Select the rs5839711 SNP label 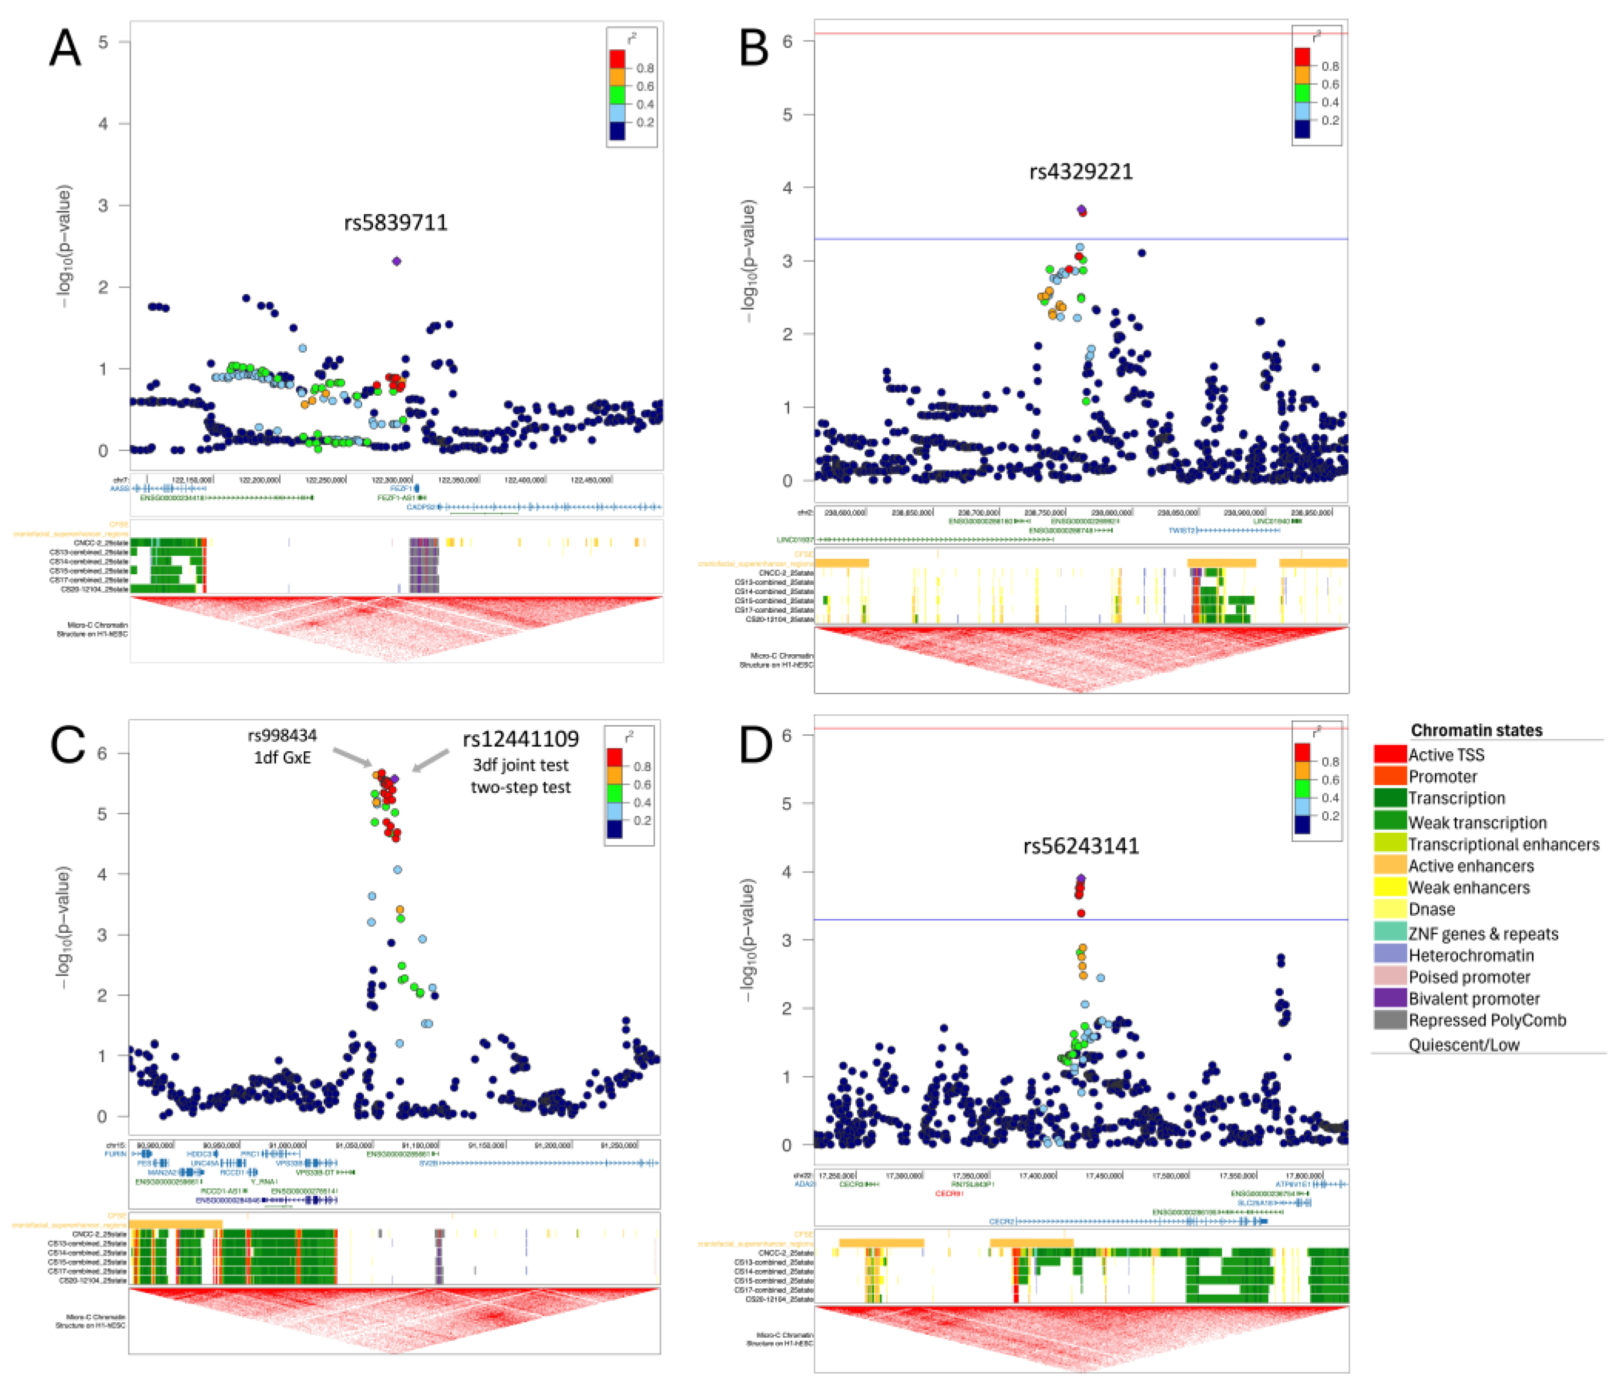(396, 223)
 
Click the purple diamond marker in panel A (396, 260)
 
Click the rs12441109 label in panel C (520, 739)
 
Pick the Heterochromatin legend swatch (1389, 955)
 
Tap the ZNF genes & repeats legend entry (1483, 934)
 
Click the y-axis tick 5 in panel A (103, 42)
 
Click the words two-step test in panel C (520, 788)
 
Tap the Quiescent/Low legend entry (1463, 1045)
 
